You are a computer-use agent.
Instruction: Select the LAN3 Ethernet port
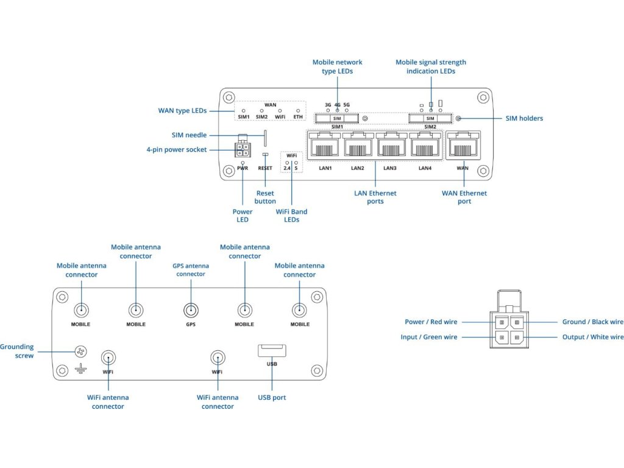click(392, 146)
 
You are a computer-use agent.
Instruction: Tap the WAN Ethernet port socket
click(463, 146)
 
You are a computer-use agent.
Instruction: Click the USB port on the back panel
click(272, 351)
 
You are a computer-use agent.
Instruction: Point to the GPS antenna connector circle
click(191, 310)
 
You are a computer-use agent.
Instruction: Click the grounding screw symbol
click(80, 352)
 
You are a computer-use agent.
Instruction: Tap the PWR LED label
click(243, 168)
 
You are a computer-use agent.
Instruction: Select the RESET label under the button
click(265, 168)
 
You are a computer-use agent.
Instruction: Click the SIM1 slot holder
click(336, 118)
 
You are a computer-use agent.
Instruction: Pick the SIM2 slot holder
click(430, 118)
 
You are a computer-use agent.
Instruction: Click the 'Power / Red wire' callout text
click(431, 322)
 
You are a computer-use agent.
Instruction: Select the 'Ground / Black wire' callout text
click(592, 322)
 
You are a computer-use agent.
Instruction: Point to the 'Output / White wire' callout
click(592, 337)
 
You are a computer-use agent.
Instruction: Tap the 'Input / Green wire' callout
click(429, 337)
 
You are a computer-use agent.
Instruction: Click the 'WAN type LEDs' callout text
click(182, 111)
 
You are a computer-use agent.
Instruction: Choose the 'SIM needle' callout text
click(189, 135)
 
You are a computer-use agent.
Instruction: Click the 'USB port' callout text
click(271, 398)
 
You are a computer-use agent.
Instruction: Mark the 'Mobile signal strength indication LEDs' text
click(431, 66)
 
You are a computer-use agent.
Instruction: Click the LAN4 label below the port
click(425, 168)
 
